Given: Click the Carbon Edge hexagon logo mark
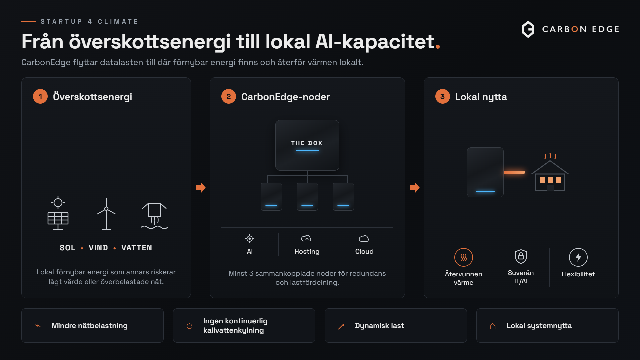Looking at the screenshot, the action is click(x=528, y=29).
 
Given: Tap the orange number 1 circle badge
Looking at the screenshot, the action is click(x=40, y=96).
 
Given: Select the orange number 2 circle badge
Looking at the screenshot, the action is click(x=229, y=96).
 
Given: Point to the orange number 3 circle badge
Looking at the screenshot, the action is click(x=443, y=96).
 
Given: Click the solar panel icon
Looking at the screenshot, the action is click(x=58, y=213).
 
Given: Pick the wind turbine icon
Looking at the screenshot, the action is click(x=106, y=214).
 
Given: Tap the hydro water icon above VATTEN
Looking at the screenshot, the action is click(x=154, y=216).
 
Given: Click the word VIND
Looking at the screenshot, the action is click(x=98, y=248).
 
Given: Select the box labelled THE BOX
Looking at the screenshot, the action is click(x=307, y=145).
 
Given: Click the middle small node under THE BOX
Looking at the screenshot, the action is click(x=307, y=197).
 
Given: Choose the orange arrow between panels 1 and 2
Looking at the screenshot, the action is click(x=200, y=188).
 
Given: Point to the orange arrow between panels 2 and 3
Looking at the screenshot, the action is click(x=414, y=188).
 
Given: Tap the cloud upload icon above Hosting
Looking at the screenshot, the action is click(x=306, y=239).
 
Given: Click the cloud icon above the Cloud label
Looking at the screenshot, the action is click(x=364, y=239).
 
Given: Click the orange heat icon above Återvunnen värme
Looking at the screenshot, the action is click(x=464, y=257).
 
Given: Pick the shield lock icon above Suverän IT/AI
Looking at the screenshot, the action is click(x=521, y=256).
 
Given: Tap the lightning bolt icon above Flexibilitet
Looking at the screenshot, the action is click(x=578, y=257).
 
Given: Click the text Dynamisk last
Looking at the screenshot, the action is click(x=379, y=326).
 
